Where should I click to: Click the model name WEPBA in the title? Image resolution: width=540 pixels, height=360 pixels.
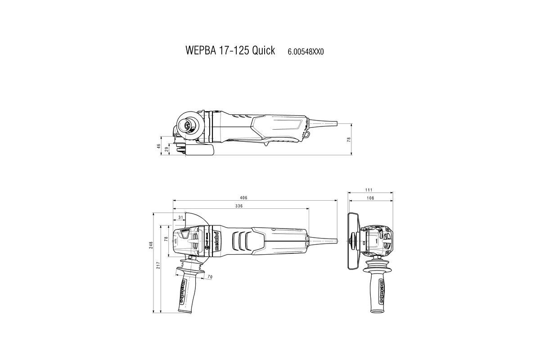[200, 50]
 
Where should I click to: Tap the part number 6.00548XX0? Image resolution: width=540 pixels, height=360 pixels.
[306, 52]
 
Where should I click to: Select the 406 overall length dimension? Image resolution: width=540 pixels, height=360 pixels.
[256, 198]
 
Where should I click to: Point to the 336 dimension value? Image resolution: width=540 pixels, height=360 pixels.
[239, 206]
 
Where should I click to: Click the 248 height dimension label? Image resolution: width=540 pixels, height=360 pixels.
[152, 245]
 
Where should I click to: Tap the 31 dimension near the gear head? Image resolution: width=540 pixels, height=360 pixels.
[180, 218]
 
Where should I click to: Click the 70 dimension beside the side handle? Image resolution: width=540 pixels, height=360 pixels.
[210, 277]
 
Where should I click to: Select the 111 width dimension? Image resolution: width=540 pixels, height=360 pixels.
[371, 191]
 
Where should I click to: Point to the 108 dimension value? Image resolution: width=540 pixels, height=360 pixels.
[371, 198]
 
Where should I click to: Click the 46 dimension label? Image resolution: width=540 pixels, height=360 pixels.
[159, 146]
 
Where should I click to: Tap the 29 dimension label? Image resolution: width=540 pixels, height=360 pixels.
[166, 149]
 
